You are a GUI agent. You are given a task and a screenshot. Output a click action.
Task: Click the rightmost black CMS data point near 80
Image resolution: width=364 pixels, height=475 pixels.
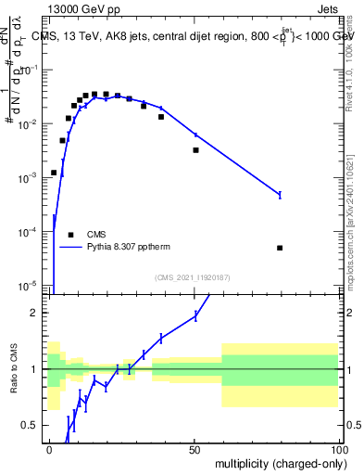point(280,248)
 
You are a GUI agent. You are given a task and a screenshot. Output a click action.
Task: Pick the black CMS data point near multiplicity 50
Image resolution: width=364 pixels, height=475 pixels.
point(195,149)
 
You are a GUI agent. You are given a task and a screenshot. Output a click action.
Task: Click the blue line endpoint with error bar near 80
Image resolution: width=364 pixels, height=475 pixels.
point(280,194)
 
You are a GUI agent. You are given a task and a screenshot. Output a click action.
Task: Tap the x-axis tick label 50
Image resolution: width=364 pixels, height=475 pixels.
point(195,449)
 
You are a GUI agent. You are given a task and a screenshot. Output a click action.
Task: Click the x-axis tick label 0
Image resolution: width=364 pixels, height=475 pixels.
point(50,449)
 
